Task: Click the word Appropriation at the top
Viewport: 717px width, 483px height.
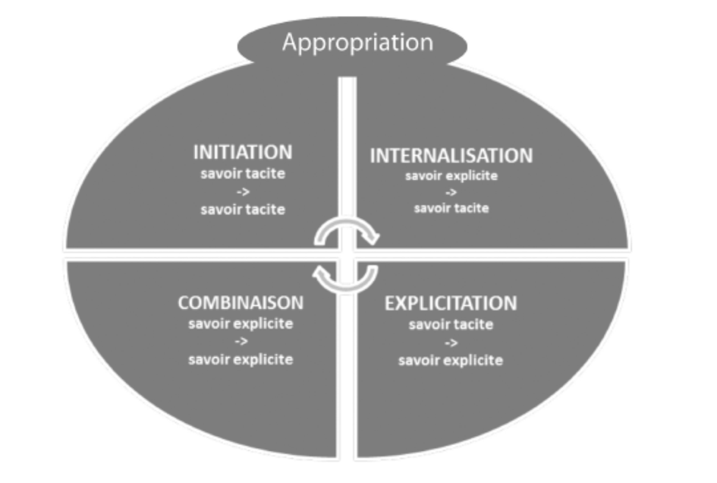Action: pos(357,42)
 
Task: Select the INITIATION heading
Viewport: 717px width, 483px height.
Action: pos(243,153)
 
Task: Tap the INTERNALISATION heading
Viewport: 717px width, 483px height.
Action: pos(451,156)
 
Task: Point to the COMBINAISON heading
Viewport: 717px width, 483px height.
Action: pos(241,303)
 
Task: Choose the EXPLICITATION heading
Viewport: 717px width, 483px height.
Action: pos(451,304)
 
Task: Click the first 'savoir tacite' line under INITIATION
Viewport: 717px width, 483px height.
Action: pos(243,174)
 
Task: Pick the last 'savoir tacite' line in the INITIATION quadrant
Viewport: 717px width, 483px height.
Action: pos(243,209)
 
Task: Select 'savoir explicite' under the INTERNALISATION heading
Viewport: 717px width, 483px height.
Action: pos(451,175)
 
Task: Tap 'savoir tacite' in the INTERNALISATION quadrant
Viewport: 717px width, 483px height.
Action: pos(451,207)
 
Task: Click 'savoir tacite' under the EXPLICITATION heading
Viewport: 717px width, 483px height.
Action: pos(451,325)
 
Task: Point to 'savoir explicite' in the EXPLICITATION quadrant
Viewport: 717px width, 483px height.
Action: pos(451,359)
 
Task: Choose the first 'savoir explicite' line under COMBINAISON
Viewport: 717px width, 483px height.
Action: pos(241,324)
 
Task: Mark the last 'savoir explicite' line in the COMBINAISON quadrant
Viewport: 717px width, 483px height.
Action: pos(241,358)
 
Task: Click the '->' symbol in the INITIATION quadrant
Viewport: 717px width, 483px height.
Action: pos(243,191)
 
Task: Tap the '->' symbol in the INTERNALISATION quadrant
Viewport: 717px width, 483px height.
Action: pos(451,191)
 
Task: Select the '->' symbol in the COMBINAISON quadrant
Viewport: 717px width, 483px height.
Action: pos(241,342)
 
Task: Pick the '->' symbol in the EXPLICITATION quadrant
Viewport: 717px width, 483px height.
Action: pos(451,343)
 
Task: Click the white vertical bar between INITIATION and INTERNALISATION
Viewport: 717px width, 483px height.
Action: pos(347,152)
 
